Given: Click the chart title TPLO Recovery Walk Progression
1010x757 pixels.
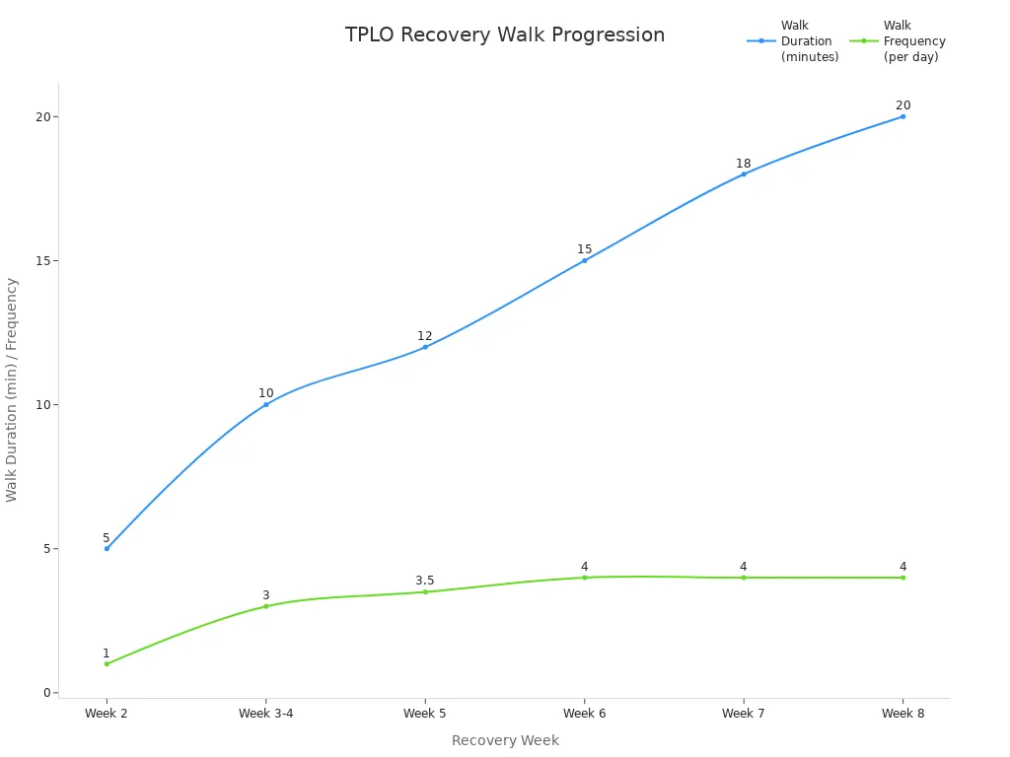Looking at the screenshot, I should (x=504, y=35).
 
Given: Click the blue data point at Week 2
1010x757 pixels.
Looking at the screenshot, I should (x=107, y=548).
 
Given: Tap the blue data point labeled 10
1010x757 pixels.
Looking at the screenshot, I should (x=266, y=404).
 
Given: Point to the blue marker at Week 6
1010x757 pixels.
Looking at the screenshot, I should (x=584, y=260).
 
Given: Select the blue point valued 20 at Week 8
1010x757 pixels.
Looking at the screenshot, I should (x=902, y=116).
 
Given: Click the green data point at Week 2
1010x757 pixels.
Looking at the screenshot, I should (x=107, y=663).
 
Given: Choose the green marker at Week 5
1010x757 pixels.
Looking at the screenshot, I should (x=425, y=591).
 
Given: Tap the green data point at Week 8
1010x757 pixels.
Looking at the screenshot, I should (x=902, y=578).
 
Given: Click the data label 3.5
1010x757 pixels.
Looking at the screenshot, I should (x=425, y=581).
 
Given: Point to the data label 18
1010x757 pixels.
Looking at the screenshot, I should (x=743, y=164).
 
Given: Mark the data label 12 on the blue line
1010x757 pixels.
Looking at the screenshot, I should (x=425, y=336).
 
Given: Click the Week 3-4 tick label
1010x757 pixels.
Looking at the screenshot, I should (x=265, y=714).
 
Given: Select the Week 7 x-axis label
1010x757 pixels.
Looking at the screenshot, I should (x=743, y=714).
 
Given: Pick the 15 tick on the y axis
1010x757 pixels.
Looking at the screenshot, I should (x=42, y=261).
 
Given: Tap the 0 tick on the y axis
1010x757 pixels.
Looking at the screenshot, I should (x=45, y=693).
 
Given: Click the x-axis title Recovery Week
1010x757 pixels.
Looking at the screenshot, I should (x=505, y=740).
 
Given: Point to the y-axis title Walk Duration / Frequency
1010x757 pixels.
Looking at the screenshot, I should (x=12, y=389).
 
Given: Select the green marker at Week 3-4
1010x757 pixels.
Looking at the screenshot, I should (x=266, y=606).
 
